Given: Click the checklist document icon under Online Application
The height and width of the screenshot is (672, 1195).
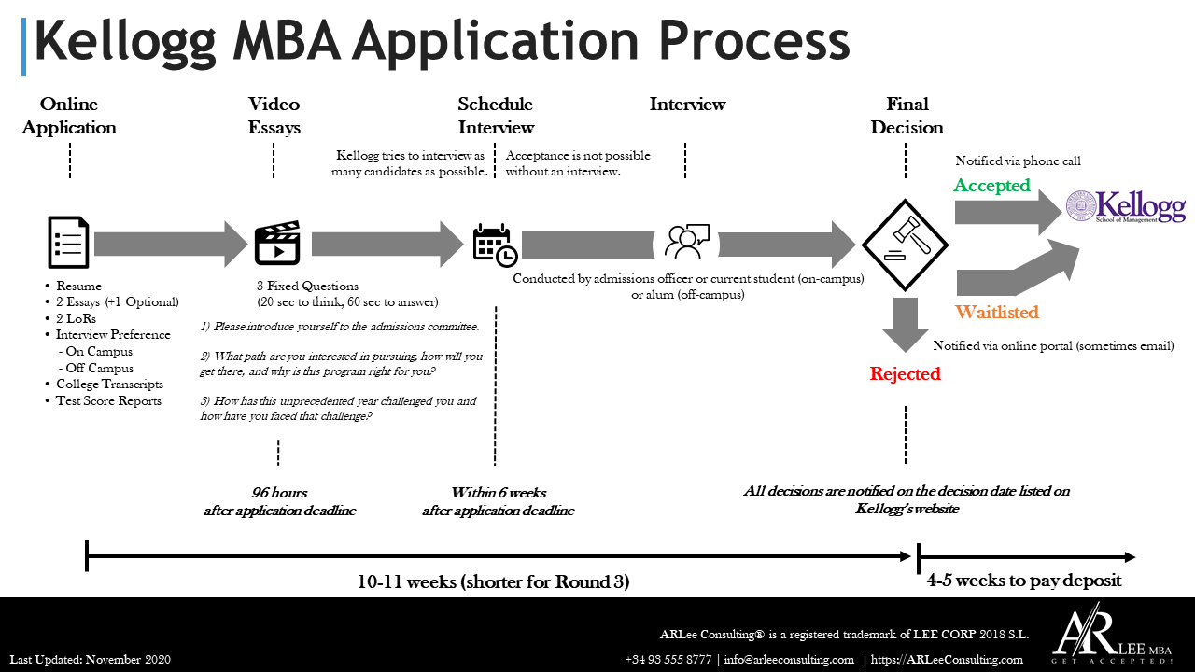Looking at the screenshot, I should [69, 243].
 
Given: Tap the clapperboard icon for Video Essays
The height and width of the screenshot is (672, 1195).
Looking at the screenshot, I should [277, 243].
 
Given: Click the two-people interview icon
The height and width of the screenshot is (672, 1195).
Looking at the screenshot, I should [686, 243].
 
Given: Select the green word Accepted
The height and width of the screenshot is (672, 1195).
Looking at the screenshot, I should [991, 186].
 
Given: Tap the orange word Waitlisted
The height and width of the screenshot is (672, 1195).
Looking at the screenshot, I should [997, 312].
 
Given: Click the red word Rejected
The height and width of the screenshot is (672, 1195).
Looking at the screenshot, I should [905, 374].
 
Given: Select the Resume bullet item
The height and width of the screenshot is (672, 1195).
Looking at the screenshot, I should [78, 287].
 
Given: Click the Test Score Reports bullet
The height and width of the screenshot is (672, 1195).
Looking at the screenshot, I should [108, 401].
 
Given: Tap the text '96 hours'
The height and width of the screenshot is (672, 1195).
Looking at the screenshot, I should [279, 493].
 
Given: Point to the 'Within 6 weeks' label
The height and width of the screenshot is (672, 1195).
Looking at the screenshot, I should [498, 493].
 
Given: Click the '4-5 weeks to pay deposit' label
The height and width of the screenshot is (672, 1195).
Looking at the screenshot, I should [1024, 581].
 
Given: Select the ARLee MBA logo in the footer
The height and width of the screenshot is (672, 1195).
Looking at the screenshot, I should [1111, 637].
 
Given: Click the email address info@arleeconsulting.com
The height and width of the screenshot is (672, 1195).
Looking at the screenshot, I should [788, 660].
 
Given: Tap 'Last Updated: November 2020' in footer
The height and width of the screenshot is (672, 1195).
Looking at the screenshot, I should [91, 660].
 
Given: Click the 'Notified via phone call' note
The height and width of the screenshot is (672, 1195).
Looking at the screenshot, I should [1018, 161].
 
